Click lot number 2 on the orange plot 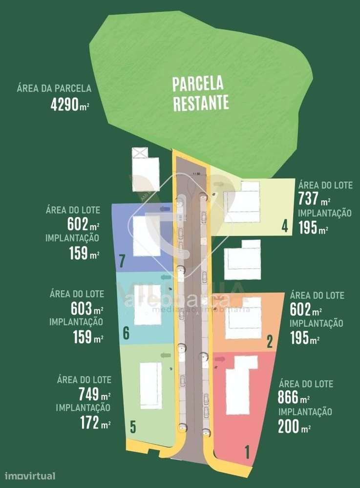click(x=269, y=341)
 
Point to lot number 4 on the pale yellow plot click(x=284, y=227)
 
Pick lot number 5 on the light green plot click(x=133, y=427)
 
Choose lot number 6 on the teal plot click(x=126, y=334)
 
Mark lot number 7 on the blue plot click(x=123, y=260)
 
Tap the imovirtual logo click(x=30, y=476)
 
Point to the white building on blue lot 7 click(x=147, y=236)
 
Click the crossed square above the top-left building click(x=139, y=152)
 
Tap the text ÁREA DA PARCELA click(x=54, y=88)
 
